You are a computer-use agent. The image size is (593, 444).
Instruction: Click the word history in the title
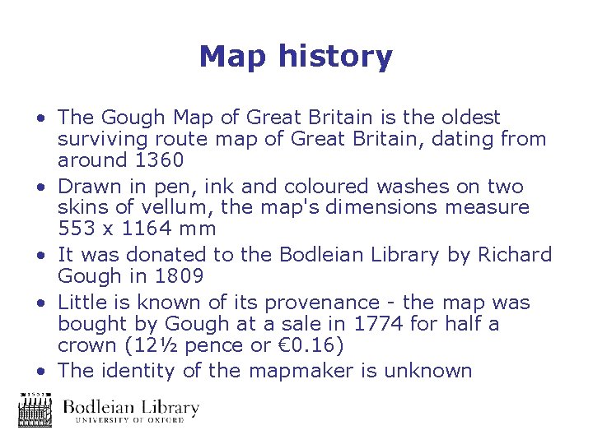(x=336, y=58)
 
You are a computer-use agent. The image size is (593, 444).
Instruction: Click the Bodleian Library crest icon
(x=35, y=409)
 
